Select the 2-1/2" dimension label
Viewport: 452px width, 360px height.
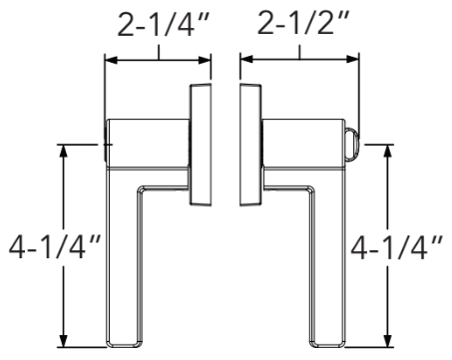298,25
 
